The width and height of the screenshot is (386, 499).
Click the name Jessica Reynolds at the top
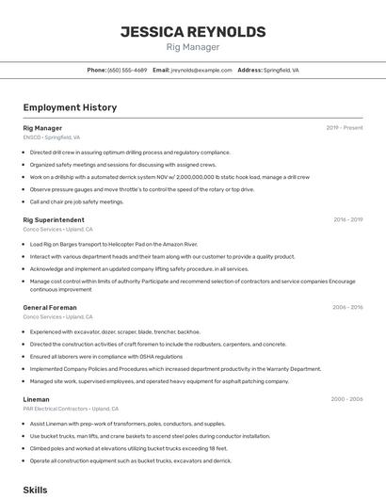point(193,31)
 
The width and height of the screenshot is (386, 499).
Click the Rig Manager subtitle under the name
point(193,47)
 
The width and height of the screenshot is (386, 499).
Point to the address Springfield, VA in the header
point(281,70)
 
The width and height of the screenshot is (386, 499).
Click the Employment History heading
point(70,107)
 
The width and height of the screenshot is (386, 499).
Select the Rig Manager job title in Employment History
point(42,128)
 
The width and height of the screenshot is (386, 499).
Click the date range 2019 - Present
point(344,128)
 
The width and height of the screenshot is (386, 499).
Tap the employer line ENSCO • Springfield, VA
point(52,137)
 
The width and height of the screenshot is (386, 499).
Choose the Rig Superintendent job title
point(55,219)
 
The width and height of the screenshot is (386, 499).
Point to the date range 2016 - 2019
point(347,219)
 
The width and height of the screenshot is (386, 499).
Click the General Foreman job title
point(50,307)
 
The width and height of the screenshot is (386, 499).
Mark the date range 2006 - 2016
point(346,307)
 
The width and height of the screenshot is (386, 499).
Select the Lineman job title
point(36,399)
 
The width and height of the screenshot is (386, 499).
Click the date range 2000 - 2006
point(346,399)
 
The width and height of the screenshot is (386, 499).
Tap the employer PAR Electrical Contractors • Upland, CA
point(71,409)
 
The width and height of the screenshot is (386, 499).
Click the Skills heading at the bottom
point(35,491)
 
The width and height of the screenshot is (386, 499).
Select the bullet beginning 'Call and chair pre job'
point(76,201)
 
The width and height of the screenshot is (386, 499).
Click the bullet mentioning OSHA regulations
point(105,356)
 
